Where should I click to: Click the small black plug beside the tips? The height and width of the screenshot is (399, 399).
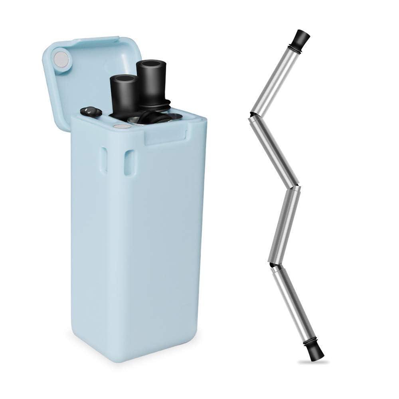pyautogui.click(x=91, y=111)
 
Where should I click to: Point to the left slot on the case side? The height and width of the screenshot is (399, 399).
pyautogui.click(x=104, y=160)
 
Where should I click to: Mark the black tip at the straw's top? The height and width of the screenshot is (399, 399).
pyautogui.click(x=302, y=38)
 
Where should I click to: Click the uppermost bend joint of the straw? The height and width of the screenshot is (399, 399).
pyautogui.click(x=252, y=114)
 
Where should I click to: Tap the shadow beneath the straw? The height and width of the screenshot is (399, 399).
pyautogui.click(x=314, y=362)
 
